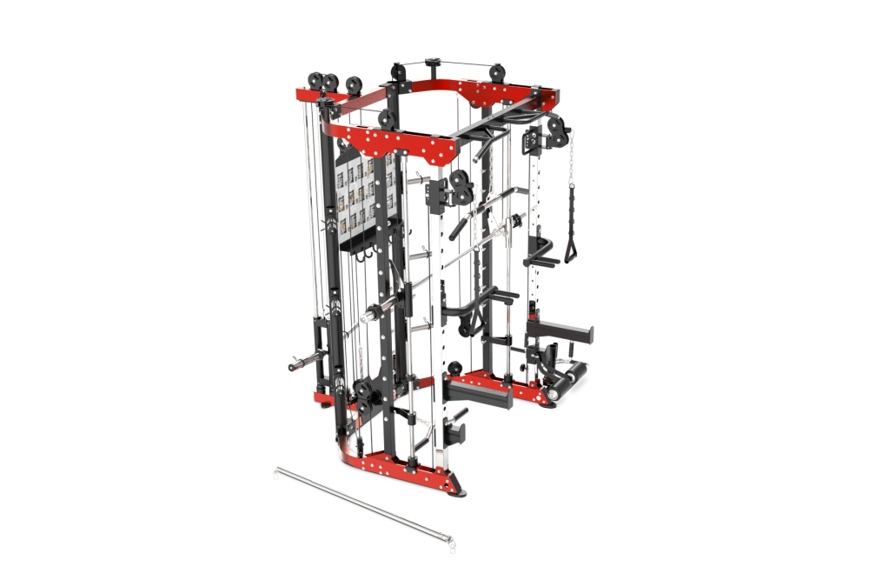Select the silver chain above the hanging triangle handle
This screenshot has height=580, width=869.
pos(572,165)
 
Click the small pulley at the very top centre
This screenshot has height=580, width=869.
pos(431,64)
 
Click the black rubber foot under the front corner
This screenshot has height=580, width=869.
pos(458,494)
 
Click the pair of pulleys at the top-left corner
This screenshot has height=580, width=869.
pos(329,84)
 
